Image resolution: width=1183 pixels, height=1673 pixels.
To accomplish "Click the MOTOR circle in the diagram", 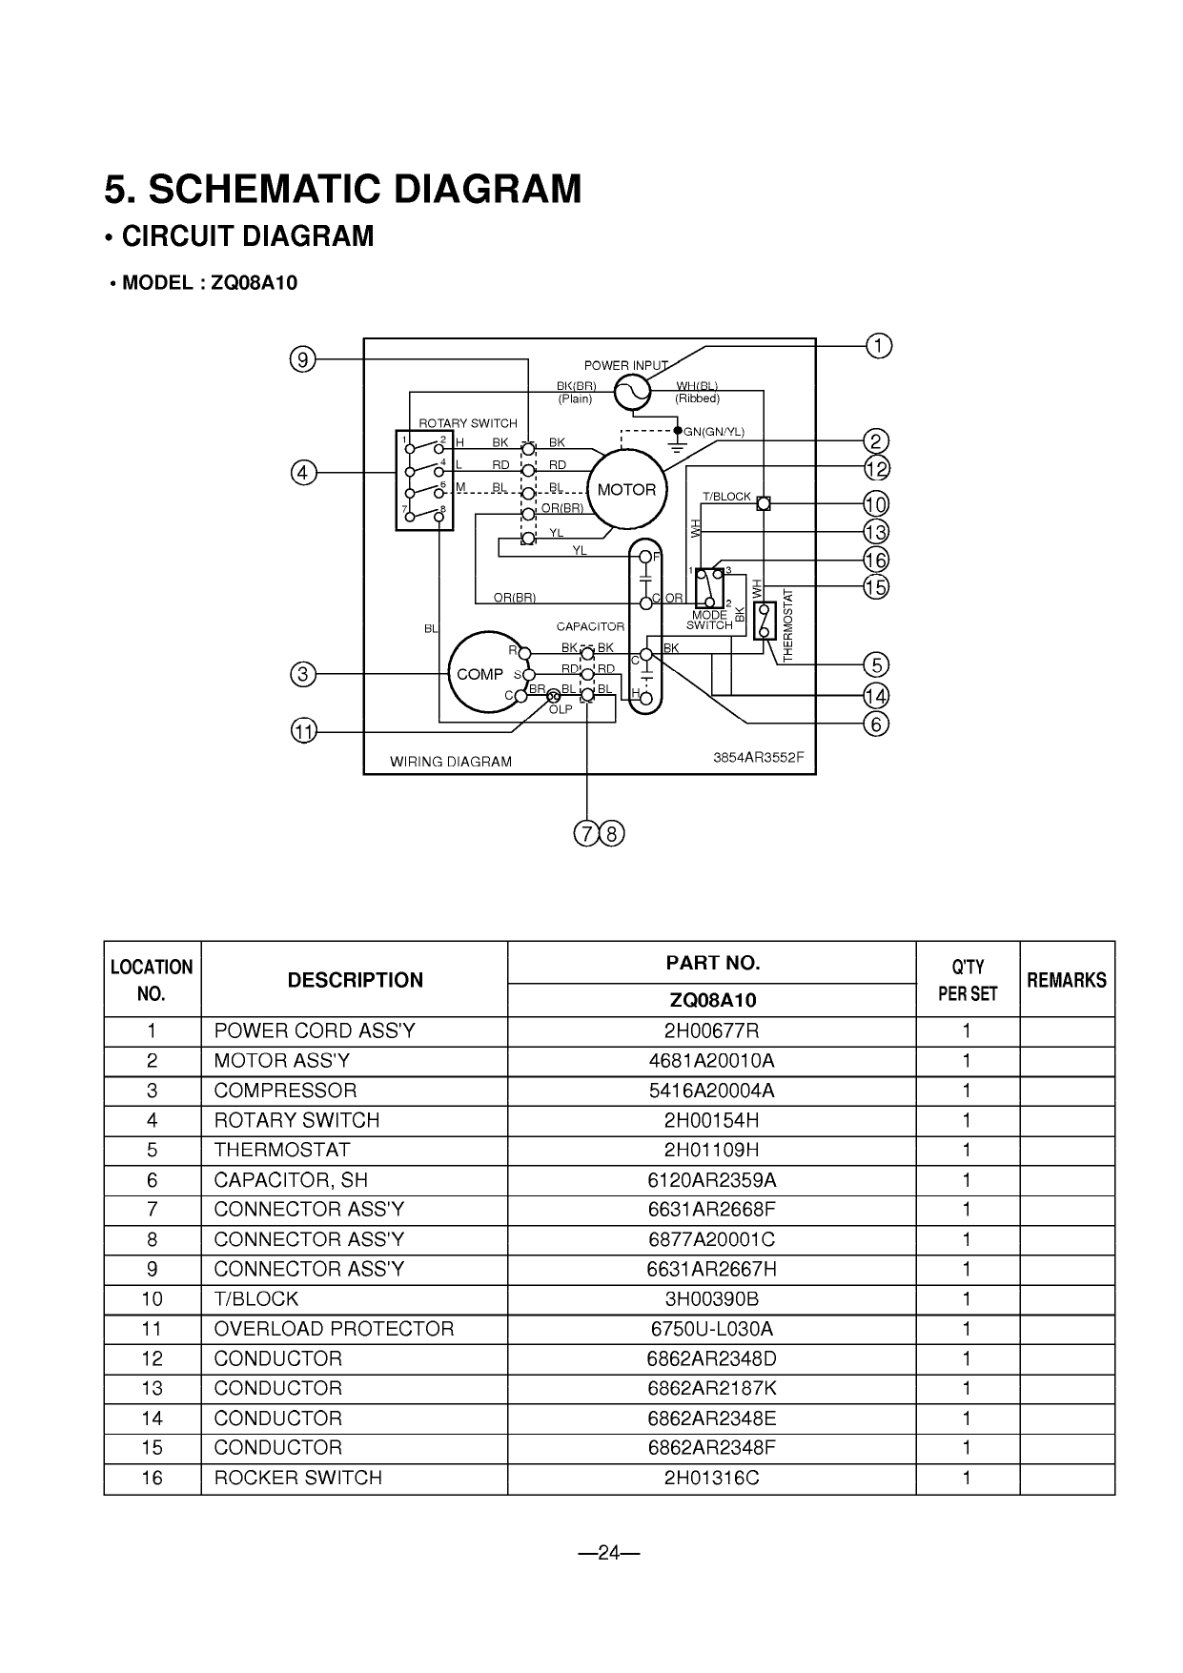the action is (x=626, y=490).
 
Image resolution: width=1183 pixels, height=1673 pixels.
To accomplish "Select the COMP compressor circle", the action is (x=479, y=673).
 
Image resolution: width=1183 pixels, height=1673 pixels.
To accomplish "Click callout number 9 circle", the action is (x=302, y=359).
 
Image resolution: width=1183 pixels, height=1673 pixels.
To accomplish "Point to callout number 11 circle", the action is (x=303, y=732).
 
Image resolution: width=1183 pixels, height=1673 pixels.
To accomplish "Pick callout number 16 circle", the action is (x=876, y=560).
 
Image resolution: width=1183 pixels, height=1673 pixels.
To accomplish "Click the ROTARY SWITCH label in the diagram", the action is (x=468, y=423).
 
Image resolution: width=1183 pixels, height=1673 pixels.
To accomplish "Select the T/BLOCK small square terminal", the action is (x=763, y=503).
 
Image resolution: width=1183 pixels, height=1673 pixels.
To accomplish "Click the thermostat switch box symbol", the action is (x=764, y=622).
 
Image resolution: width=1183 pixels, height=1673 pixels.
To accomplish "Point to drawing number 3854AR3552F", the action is (x=759, y=757).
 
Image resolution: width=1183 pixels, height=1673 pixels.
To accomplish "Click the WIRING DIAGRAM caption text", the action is (x=451, y=762).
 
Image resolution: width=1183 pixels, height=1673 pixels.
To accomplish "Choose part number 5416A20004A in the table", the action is (x=711, y=1091).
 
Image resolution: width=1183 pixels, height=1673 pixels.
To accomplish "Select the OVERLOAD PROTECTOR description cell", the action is (x=334, y=1329).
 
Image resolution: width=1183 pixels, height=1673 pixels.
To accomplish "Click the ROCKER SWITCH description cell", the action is (x=297, y=1478).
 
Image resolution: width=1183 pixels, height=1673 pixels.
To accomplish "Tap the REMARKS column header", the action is (x=1067, y=980).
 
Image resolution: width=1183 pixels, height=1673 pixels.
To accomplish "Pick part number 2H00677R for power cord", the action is (x=711, y=1031).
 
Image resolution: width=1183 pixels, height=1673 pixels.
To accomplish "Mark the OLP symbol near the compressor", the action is (x=555, y=698).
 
